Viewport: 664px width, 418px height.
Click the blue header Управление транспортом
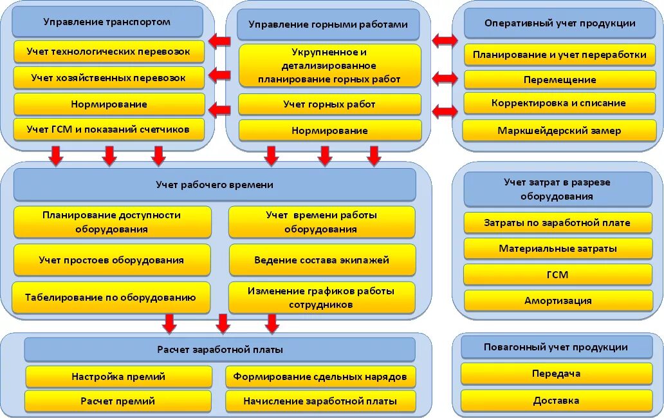tap(107, 22)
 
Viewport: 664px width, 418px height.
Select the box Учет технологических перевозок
tap(109, 51)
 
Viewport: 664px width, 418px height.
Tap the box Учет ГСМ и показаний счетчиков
tap(109, 129)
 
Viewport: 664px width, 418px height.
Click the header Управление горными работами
tap(328, 25)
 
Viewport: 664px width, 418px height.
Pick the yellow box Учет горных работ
tap(329, 104)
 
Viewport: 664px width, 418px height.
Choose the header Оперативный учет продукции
tap(560, 23)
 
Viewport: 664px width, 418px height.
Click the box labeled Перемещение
tap(560, 80)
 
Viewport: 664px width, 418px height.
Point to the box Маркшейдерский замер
tap(560, 131)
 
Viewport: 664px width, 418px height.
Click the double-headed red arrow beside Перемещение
tap(445, 79)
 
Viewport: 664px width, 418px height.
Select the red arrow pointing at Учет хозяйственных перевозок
tap(220, 75)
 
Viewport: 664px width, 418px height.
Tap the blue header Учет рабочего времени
tap(214, 185)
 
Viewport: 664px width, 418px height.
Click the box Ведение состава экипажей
tap(322, 260)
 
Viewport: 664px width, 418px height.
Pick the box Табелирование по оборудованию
tap(111, 298)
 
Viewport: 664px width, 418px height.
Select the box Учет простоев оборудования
tap(111, 260)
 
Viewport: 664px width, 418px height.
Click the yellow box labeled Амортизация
tap(558, 301)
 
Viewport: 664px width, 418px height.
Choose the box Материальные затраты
tap(558, 249)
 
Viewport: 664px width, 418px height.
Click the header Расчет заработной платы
tap(220, 350)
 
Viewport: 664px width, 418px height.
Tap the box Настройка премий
tap(118, 377)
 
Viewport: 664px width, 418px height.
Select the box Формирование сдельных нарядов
tap(320, 377)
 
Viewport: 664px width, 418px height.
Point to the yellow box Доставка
tap(557, 401)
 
